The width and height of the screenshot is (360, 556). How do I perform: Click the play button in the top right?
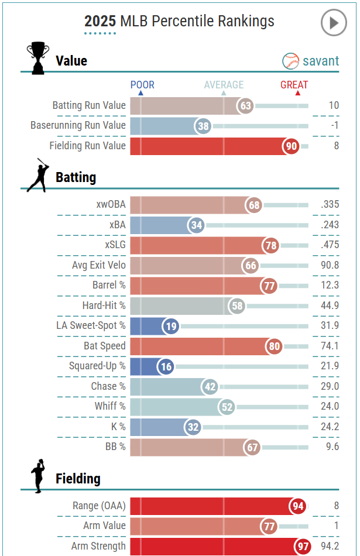point(334,23)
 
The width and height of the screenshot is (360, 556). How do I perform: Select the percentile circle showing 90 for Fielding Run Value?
point(291,146)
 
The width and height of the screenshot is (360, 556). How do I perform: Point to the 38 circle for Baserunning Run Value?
point(203,126)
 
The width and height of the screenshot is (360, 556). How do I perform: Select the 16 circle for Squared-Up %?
point(166,366)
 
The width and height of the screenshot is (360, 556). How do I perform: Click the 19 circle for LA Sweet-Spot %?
point(171,326)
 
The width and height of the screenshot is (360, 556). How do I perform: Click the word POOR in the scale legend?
point(142,85)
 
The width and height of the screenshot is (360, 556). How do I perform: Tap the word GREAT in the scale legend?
point(294,85)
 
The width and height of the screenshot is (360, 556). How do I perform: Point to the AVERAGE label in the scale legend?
point(224,85)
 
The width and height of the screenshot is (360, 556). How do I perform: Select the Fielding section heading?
point(78,479)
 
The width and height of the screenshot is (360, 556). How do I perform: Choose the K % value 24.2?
point(330,427)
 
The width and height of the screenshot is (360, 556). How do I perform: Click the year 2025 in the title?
point(100,22)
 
